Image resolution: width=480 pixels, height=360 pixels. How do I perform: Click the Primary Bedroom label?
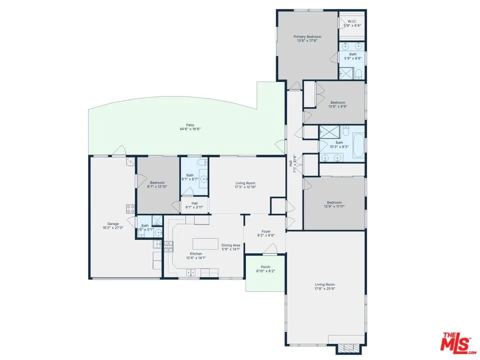click(x=307, y=36)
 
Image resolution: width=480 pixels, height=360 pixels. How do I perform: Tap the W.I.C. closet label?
click(x=352, y=21)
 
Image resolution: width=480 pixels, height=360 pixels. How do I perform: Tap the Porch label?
click(x=265, y=267)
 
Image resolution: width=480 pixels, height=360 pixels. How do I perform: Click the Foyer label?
click(x=266, y=231)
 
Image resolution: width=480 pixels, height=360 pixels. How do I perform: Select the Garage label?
click(x=112, y=223)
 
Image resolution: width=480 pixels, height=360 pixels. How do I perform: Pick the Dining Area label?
click(x=231, y=245)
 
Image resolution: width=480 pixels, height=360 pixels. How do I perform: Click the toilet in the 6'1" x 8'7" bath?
click(x=200, y=162)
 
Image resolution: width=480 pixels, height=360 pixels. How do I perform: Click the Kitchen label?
click(x=195, y=253)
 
